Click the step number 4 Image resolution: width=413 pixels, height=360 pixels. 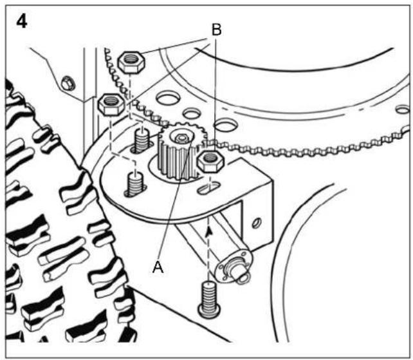click(22, 22)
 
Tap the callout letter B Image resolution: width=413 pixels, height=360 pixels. click(217, 30)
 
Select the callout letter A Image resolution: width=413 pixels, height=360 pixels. click(158, 267)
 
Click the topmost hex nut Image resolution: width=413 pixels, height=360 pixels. click(131, 62)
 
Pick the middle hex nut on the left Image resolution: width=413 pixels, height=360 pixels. click(112, 104)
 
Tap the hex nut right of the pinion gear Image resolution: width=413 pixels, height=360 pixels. click(210, 162)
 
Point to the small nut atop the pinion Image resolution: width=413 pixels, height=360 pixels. click(181, 138)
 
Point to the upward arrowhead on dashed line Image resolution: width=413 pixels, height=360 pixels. click(209, 232)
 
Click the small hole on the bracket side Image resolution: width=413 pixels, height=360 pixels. click(256, 223)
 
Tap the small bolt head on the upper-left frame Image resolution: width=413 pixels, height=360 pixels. click(68, 82)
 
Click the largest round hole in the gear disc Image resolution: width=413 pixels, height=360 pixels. click(169, 99)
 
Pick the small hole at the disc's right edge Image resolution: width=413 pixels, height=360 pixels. click(403, 109)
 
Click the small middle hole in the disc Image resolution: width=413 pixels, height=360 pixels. click(192, 113)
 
